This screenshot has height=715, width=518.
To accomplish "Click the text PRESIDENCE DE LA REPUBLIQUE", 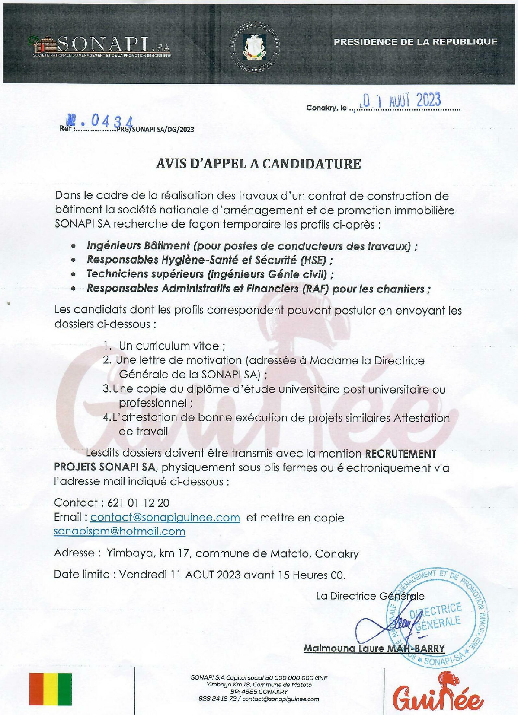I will (x=415, y=42).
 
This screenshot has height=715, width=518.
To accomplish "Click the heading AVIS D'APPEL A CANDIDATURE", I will (x=258, y=164).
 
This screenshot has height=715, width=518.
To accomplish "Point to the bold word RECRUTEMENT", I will (x=400, y=454).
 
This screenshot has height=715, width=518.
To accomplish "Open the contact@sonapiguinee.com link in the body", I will (x=165, y=518).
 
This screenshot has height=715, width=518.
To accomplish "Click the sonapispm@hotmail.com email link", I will (x=119, y=531).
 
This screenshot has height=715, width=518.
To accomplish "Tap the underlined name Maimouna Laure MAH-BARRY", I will (x=374, y=648).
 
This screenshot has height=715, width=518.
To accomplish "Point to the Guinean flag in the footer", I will (x=50, y=689).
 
